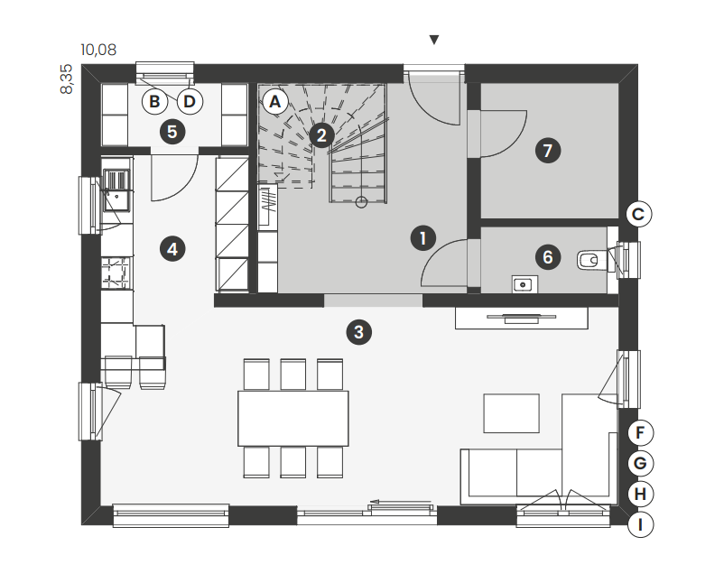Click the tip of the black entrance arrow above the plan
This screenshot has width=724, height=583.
pos(433,45)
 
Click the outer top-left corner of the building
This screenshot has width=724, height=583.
pos(82,65)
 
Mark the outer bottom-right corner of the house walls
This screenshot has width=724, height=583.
pos(637,525)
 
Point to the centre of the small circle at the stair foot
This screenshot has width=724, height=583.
pos(361,202)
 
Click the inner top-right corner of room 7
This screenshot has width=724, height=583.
pos(618,84)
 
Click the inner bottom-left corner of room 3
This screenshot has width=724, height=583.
pos(101,505)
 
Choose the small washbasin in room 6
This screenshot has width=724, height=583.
pos(525,284)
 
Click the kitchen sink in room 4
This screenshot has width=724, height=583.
pos(116,190)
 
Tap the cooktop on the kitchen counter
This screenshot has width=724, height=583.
pos(116,273)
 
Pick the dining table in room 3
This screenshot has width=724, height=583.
pos(293,418)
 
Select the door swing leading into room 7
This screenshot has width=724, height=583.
pos(504,134)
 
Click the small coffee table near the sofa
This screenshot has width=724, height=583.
pos(511,413)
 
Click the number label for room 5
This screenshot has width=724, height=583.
pos(172,132)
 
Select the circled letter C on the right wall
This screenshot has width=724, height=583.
pos(638,214)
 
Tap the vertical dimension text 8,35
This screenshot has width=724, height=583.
pos(67,79)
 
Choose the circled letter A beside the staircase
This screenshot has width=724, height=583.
pos(274,102)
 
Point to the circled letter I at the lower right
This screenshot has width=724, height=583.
pos(640,525)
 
